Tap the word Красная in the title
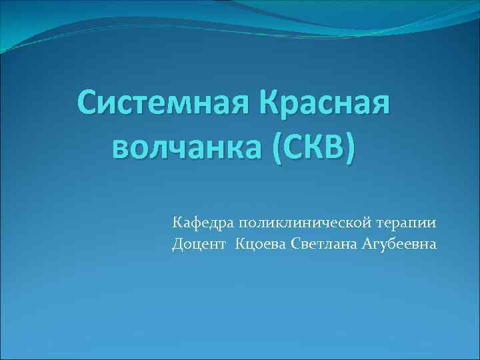[323, 103]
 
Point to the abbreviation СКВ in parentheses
[312, 145]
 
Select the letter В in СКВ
[334, 145]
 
